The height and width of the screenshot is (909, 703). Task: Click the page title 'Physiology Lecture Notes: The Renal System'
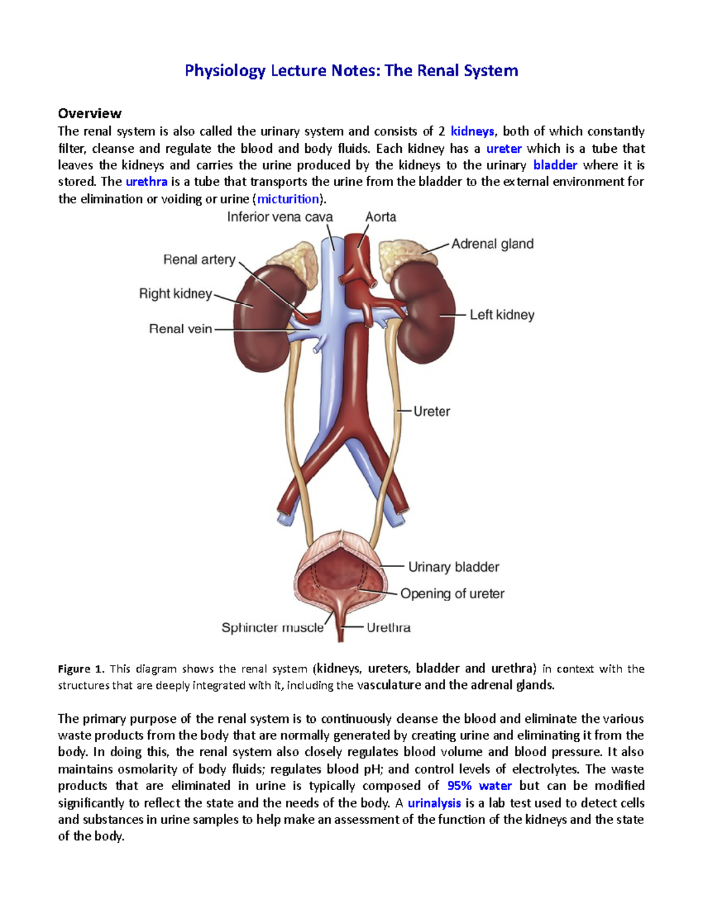pyautogui.click(x=351, y=71)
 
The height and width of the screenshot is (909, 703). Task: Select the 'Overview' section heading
pyautogui.click(x=90, y=113)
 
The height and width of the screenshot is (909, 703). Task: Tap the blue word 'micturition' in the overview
pyautogui.click(x=288, y=199)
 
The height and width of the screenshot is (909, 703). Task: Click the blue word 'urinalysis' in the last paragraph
pyautogui.click(x=434, y=803)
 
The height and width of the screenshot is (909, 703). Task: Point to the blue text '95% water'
pyautogui.click(x=479, y=786)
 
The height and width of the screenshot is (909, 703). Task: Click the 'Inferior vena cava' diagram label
pyautogui.click(x=279, y=217)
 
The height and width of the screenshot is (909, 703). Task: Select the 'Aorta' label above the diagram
pyautogui.click(x=381, y=217)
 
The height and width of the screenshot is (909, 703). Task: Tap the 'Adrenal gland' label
pyautogui.click(x=492, y=244)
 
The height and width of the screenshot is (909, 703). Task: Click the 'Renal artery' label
pyautogui.click(x=199, y=259)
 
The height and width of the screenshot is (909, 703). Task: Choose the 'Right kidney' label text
pyautogui.click(x=175, y=293)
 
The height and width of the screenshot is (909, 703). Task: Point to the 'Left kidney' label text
pyautogui.click(x=502, y=315)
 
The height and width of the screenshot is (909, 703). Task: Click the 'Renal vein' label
pyautogui.click(x=180, y=329)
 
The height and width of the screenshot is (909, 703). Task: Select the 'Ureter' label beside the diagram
pyautogui.click(x=432, y=411)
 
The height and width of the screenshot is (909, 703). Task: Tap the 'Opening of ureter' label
pyautogui.click(x=452, y=594)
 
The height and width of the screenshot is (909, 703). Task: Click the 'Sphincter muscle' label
pyautogui.click(x=272, y=627)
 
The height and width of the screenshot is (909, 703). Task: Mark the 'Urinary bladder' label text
pyautogui.click(x=453, y=567)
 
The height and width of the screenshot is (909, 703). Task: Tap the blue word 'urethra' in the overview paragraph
pyautogui.click(x=146, y=182)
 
